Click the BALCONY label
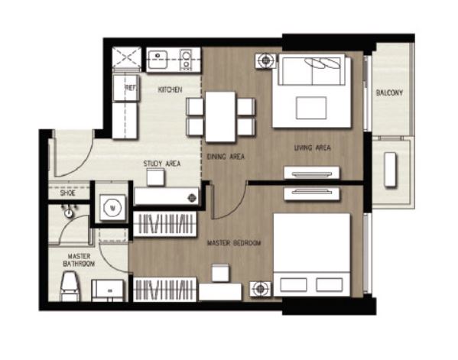[389, 92]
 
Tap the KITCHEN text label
[170, 89]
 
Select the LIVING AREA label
[312, 148]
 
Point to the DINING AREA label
[226, 157]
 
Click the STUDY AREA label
[162, 164]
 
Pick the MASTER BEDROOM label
[234, 243]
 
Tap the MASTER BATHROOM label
[79, 260]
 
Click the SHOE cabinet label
[68, 193]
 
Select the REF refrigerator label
[130, 88]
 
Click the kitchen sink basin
[158, 60]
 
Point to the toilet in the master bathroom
[70, 286]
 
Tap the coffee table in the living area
[311, 108]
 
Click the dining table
[220, 117]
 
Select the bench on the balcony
[390, 170]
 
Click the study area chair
[155, 177]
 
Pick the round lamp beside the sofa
[265, 60]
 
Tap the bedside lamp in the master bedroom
[260, 289]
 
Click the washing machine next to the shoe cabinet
[112, 208]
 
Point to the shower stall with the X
[126, 58]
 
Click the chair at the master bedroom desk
[220, 273]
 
